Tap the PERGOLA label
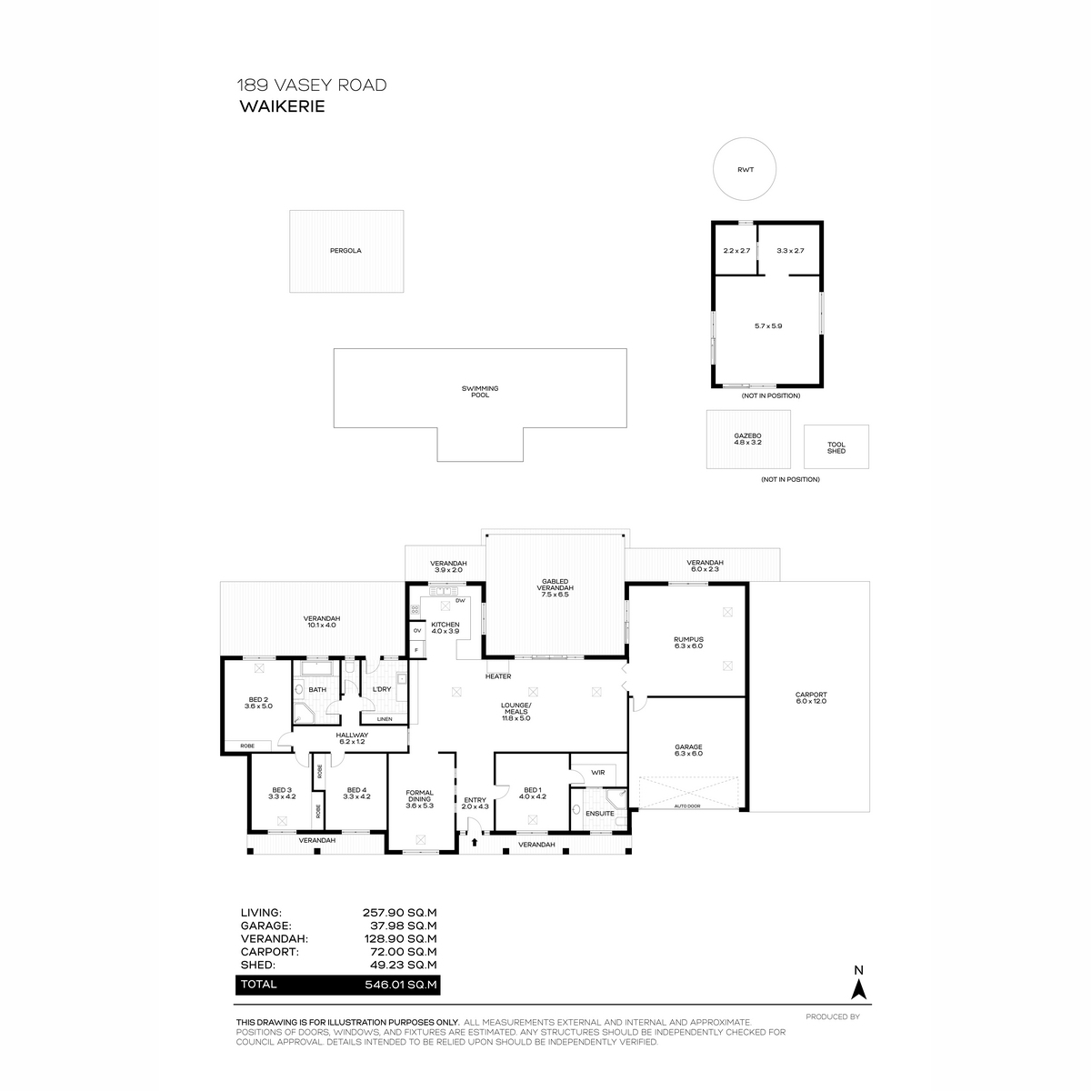pyautogui.click(x=345, y=250)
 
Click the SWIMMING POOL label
pyautogui.click(x=479, y=391)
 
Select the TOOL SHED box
pyautogui.click(x=836, y=446)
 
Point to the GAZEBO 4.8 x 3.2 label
pyautogui.click(x=747, y=439)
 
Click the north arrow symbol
pyautogui.click(x=858, y=990)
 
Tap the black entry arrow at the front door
pyautogui.click(x=474, y=842)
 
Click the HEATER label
pyautogui.click(x=497, y=676)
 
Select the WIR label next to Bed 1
pyautogui.click(x=597, y=772)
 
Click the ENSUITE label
pyautogui.click(x=599, y=814)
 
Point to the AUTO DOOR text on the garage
pyautogui.click(x=687, y=806)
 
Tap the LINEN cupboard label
pyautogui.click(x=385, y=719)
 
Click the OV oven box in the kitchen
pyautogui.click(x=417, y=630)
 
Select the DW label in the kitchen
pyautogui.click(x=460, y=601)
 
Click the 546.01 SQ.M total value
pyautogui.click(x=400, y=984)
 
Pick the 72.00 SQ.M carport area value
pyautogui.click(x=400, y=952)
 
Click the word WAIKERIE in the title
pyautogui.click(x=282, y=106)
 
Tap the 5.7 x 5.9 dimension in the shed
pyautogui.click(x=767, y=326)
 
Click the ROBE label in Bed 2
pyautogui.click(x=247, y=746)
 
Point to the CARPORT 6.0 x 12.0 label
pyautogui.click(x=811, y=697)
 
